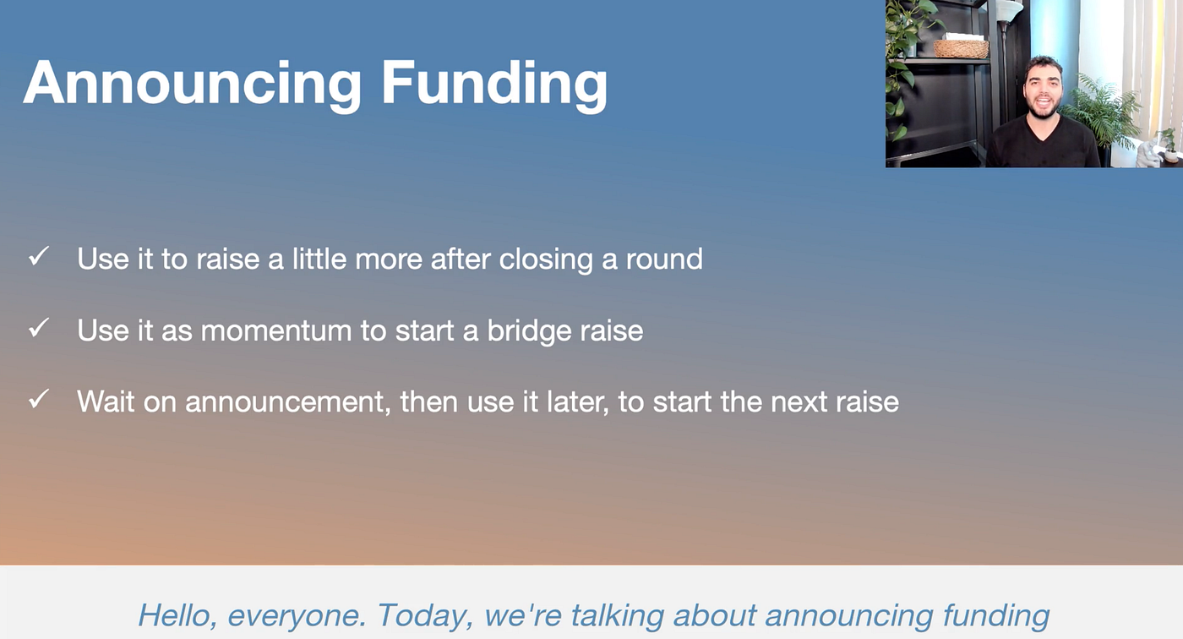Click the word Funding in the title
point(493,85)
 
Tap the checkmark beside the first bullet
point(39,256)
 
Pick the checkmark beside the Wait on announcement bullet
point(39,399)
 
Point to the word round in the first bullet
point(664,259)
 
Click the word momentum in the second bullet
point(276,331)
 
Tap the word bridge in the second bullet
point(529,331)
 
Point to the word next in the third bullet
point(799,402)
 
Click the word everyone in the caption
point(297,617)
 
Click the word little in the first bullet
point(319,259)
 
